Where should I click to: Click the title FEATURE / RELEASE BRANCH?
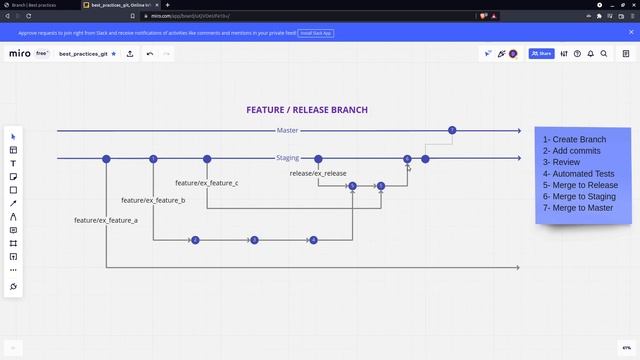pos(307,110)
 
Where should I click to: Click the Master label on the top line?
pos(287,131)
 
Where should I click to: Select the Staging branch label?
pos(288,158)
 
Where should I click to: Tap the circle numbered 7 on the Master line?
pos(452,131)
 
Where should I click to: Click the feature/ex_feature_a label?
pos(105,220)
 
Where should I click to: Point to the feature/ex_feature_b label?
pos(153,201)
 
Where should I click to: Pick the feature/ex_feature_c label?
pos(206,183)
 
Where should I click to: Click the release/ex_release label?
pos(318,174)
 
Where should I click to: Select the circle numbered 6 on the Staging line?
pos(407,159)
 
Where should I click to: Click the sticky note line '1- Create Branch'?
pos(574,140)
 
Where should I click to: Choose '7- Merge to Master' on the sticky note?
pos(578,208)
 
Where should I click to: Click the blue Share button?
pos(541,53)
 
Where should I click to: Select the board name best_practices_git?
pos(83,53)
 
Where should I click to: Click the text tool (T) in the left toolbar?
pos(13,163)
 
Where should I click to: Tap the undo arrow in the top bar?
pos(150,53)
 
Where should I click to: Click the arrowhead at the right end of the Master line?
pos(518,131)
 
